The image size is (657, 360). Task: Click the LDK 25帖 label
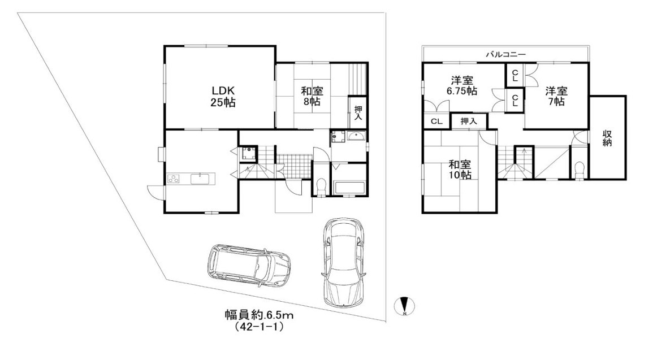[x=223, y=96]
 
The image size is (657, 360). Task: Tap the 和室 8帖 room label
[x=312, y=96]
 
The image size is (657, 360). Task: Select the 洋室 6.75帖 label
[x=462, y=85]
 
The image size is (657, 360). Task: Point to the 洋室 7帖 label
[x=556, y=96]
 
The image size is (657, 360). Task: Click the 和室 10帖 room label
[x=460, y=170]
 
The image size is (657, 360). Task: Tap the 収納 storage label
[x=607, y=138]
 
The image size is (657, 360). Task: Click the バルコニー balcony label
[x=505, y=54]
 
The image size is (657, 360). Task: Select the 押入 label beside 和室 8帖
[x=358, y=114]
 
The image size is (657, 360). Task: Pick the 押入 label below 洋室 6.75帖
[x=469, y=122]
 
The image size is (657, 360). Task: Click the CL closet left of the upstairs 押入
[x=436, y=122]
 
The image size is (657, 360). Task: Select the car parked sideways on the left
[x=249, y=266]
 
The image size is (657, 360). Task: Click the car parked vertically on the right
[x=344, y=262]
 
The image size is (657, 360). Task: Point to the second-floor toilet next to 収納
[x=580, y=170]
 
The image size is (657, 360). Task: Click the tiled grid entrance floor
[x=293, y=165]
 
